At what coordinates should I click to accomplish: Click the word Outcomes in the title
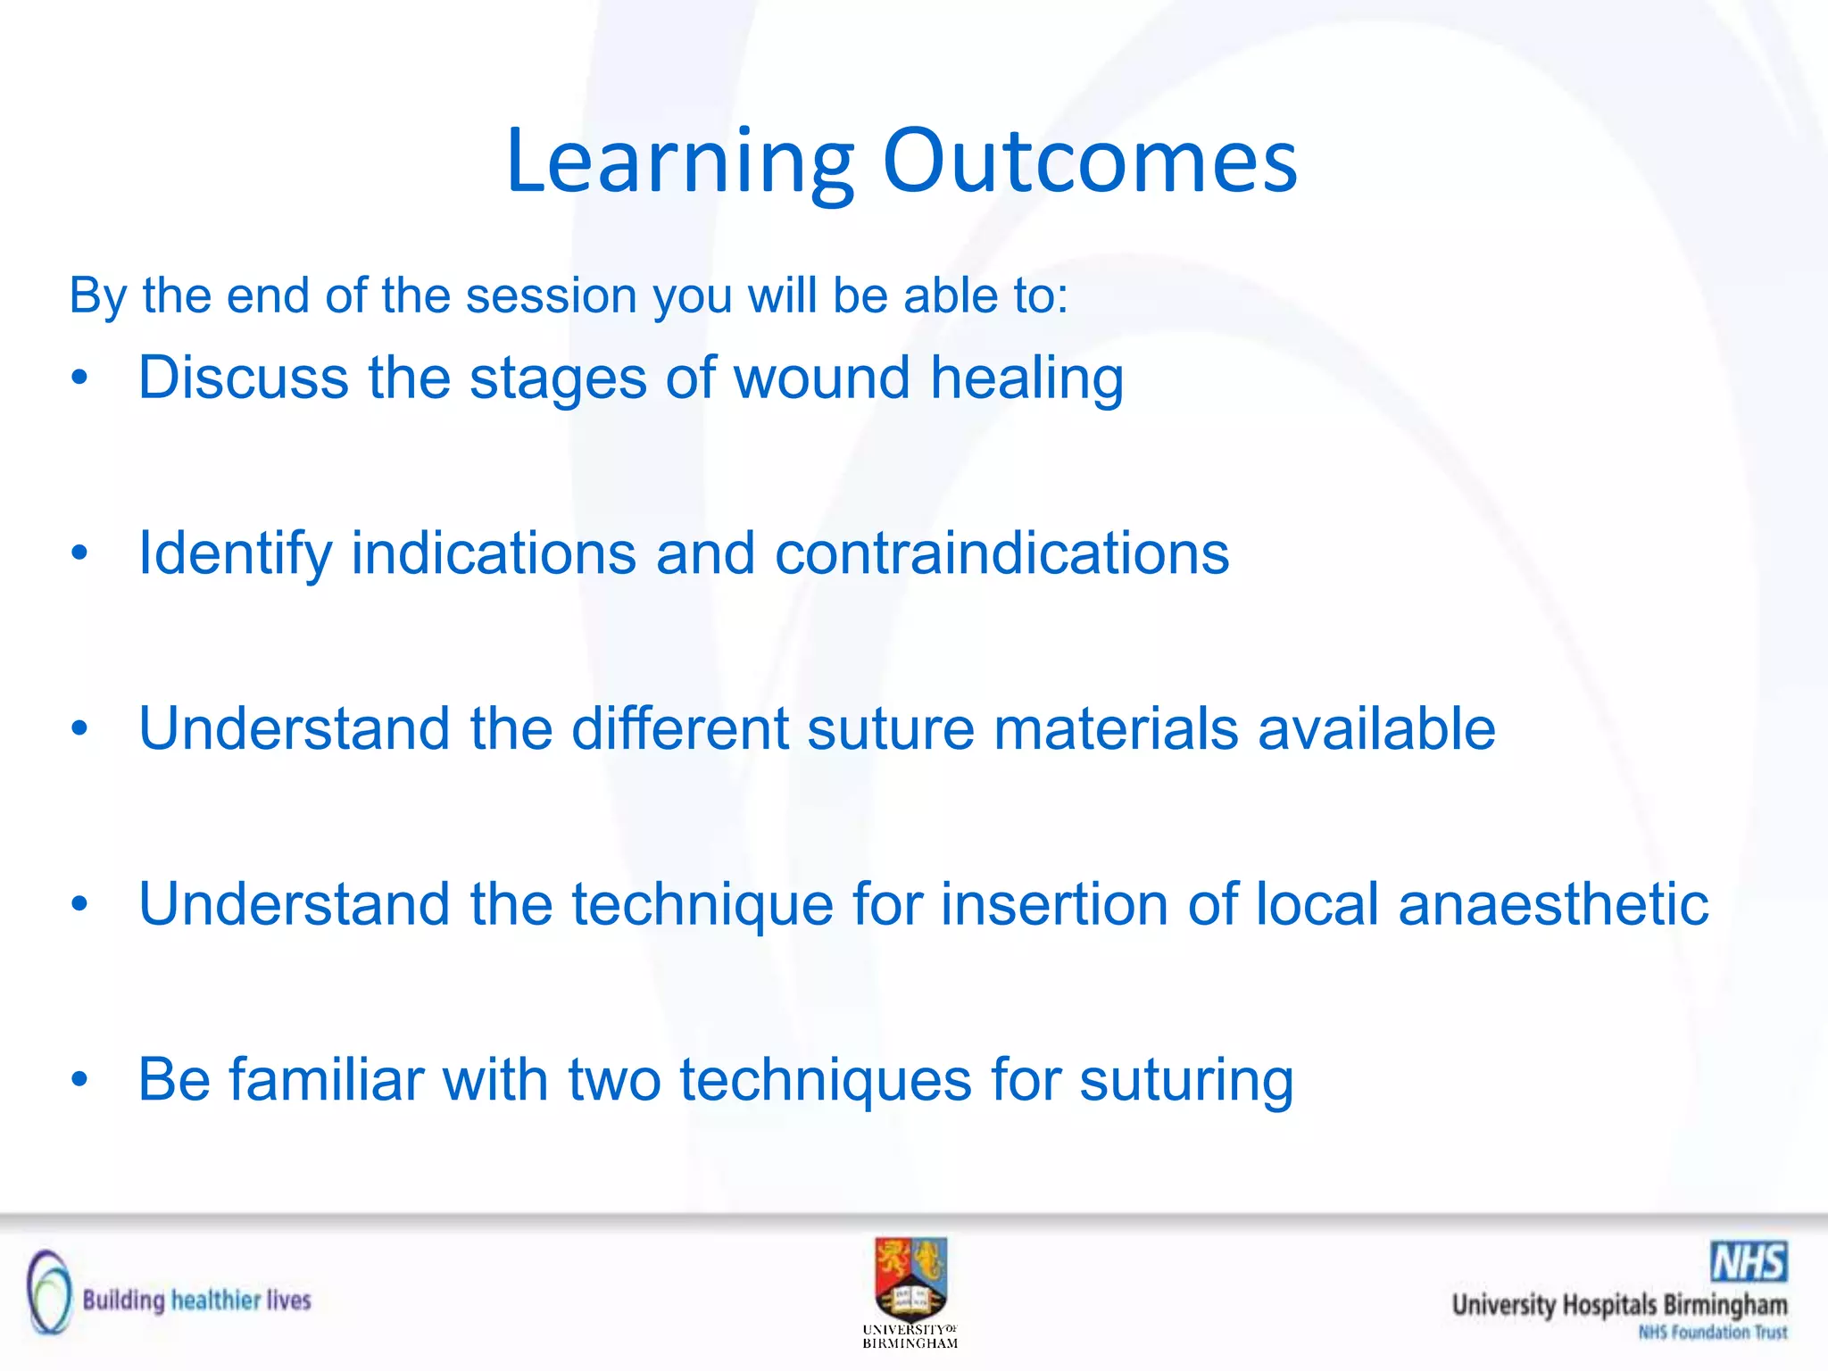[x=1090, y=163]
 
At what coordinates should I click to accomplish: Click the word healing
[x=1026, y=379]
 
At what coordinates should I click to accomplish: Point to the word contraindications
[x=1001, y=553]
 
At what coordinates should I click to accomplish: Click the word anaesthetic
[x=1553, y=904]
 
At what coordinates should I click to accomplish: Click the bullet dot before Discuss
[x=80, y=378]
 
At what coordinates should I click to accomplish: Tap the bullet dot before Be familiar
[x=80, y=1080]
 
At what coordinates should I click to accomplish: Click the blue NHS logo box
[x=1749, y=1262]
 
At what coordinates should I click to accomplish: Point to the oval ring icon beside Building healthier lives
[x=48, y=1292]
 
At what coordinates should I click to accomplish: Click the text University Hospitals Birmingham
[x=1619, y=1305]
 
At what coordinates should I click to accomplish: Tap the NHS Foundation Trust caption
[x=1712, y=1333]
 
